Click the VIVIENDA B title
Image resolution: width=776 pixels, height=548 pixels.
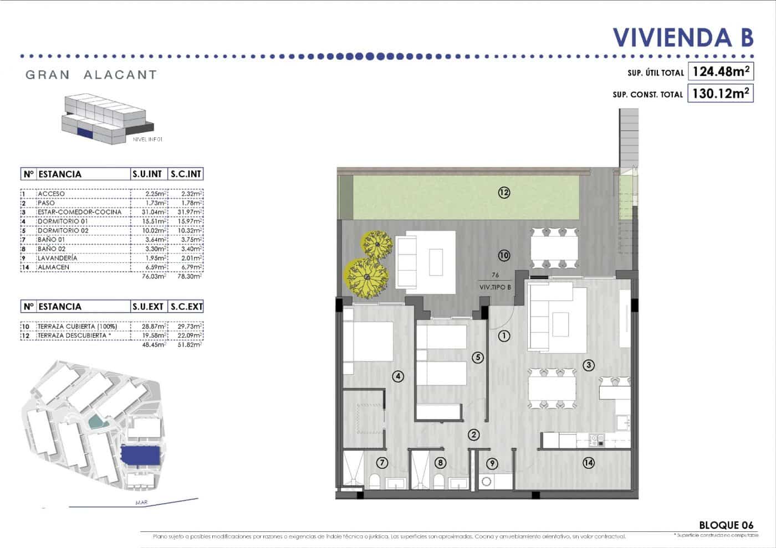click(683, 37)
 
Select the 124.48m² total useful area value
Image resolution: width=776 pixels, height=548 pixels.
click(721, 71)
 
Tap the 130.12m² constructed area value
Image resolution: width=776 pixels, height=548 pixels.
click(721, 93)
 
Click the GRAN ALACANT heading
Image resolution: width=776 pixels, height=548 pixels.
click(91, 75)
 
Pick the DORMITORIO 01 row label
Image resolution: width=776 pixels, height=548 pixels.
click(63, 221)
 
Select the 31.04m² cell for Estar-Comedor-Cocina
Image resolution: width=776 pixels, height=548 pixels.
click(149, 212)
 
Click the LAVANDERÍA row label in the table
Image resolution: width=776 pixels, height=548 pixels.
click(58, 258)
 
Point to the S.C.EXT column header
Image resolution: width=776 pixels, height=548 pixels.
click(186, 307)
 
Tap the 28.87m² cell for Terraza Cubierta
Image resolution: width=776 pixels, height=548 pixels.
click(149, 327)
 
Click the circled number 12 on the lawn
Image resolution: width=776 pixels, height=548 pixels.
click(504, 193)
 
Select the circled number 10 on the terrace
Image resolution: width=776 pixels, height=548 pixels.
click(504, 255)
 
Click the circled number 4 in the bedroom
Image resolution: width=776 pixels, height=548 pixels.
click(397, 376)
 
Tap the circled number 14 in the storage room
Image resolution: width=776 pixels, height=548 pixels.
click(588, 462)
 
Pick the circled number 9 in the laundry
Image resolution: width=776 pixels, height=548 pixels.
click(492, 463)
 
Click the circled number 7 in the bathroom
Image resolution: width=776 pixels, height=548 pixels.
click(382, 463)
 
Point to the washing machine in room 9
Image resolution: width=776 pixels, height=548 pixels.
click(487, 482)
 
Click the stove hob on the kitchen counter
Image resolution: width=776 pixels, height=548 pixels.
click(598, 441)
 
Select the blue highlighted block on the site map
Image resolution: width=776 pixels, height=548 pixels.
click(141, 455)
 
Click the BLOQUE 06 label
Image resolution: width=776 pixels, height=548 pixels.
click(726, 525)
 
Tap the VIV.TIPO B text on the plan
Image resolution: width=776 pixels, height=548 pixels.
click(495, 287)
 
